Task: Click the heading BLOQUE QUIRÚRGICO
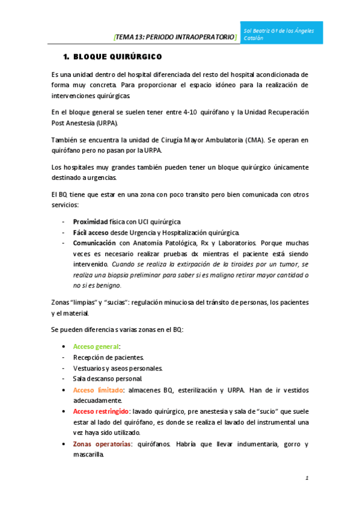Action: (x=117, y=57)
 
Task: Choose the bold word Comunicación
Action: (x=95, y=243)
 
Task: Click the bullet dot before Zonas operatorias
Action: (x=64, y=444)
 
